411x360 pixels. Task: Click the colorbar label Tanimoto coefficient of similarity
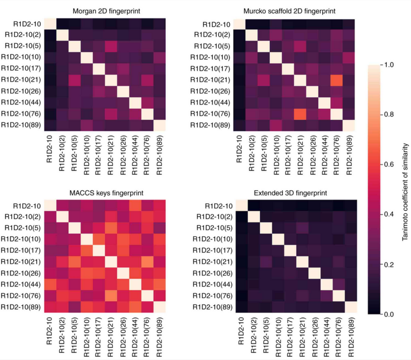pyautogui.click(x=405, y=190)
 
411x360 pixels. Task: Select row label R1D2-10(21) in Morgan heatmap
pyautogui.click(x=22, y=80)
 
